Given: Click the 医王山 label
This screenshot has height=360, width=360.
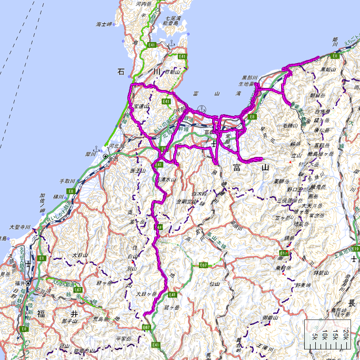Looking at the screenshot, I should coord(137,171).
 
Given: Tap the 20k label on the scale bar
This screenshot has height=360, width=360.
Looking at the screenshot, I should coord(345,333).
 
